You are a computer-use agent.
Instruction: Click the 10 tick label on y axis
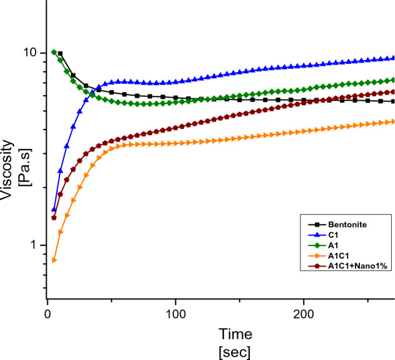click(x=31, y=53)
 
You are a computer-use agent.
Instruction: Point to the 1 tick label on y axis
click(x=34, y=245)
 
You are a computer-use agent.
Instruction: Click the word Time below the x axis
click(x=235, y=333)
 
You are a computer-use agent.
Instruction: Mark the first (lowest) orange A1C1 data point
click(x=54, y=260)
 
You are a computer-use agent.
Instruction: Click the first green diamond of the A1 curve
click(x=54, y=52)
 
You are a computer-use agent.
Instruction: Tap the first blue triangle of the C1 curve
click(x=54, y=209)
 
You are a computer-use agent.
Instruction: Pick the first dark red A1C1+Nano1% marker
click(x=54, y=218)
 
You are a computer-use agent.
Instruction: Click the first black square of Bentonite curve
click(x=60, y=54)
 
